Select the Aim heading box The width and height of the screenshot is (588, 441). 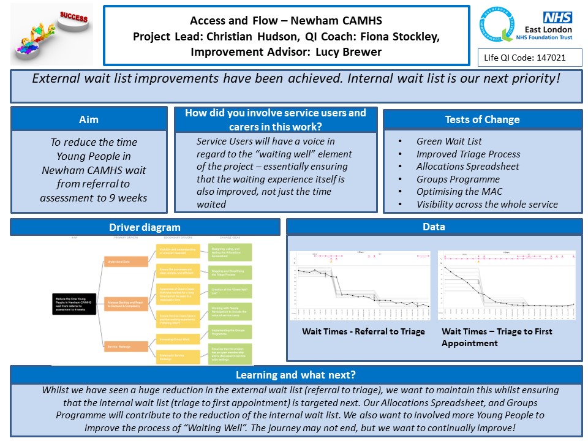pos(89,119)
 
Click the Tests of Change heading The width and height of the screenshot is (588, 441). pos(482,119)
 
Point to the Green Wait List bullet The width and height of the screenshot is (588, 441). pos(449,141)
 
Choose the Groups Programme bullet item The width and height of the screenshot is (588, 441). pos(458,179)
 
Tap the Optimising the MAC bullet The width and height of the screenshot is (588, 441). pos(459,192)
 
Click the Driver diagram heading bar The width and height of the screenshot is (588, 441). pos(145,227)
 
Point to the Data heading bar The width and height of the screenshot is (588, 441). pos(434,227)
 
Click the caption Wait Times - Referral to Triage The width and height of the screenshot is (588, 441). pos(363,331)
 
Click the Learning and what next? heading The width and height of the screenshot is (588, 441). pos(296,375)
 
